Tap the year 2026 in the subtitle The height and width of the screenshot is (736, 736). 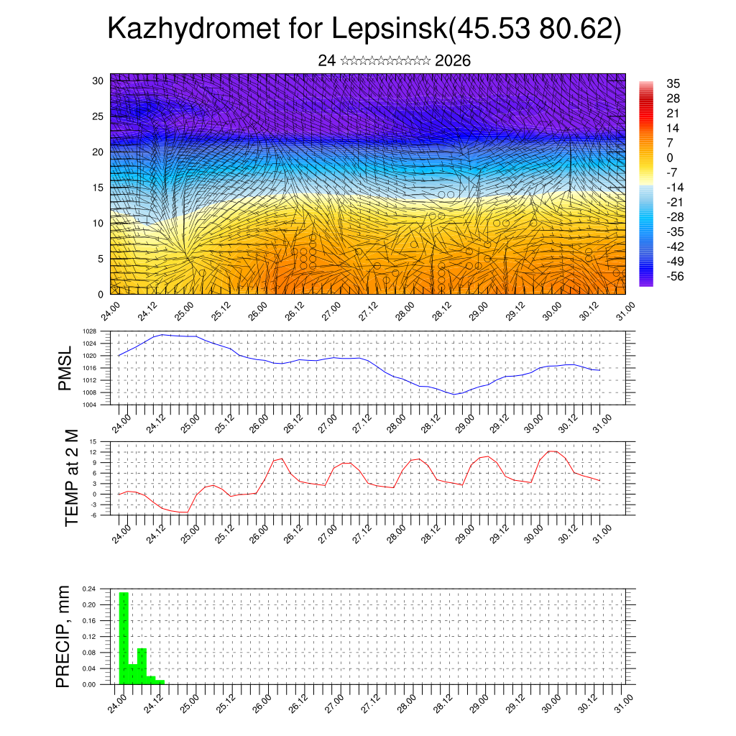453,61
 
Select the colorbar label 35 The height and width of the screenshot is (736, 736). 673,84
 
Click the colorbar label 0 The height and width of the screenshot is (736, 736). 670,158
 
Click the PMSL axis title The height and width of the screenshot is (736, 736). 65,368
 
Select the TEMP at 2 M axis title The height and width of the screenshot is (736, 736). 71,478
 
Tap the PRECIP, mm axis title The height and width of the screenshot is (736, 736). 64,635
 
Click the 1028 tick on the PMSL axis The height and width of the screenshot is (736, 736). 89,331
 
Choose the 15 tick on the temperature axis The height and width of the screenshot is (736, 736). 93,441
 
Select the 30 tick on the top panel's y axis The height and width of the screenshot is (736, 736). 97,80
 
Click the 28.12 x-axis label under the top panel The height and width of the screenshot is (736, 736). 440,312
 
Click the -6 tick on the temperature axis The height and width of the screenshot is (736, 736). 92,515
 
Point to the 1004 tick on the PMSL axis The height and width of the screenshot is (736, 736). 89,405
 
